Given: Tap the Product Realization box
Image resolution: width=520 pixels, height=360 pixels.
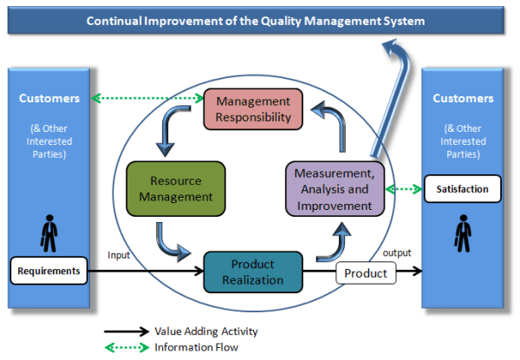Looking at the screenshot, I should (252, 272).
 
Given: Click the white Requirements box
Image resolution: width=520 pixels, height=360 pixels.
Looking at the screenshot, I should (49, 272).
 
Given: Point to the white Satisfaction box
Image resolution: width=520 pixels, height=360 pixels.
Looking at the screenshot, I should (462, 188).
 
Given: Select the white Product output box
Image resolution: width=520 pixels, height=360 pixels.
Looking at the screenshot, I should (366, 273).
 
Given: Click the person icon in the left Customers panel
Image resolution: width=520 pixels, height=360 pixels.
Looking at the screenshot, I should (49, 232).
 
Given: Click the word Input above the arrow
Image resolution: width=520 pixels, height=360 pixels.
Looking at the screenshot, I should (119, 255).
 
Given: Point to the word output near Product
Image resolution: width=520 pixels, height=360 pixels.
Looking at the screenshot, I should (397, 253).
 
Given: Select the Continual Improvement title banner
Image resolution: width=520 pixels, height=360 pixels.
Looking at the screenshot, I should (257, 19).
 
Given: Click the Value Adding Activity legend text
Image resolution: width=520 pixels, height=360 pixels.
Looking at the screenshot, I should (206, 331).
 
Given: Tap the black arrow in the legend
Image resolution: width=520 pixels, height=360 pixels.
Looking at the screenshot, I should (127, 331).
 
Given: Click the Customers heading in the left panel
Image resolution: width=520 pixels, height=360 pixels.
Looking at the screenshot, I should (49, 98).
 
